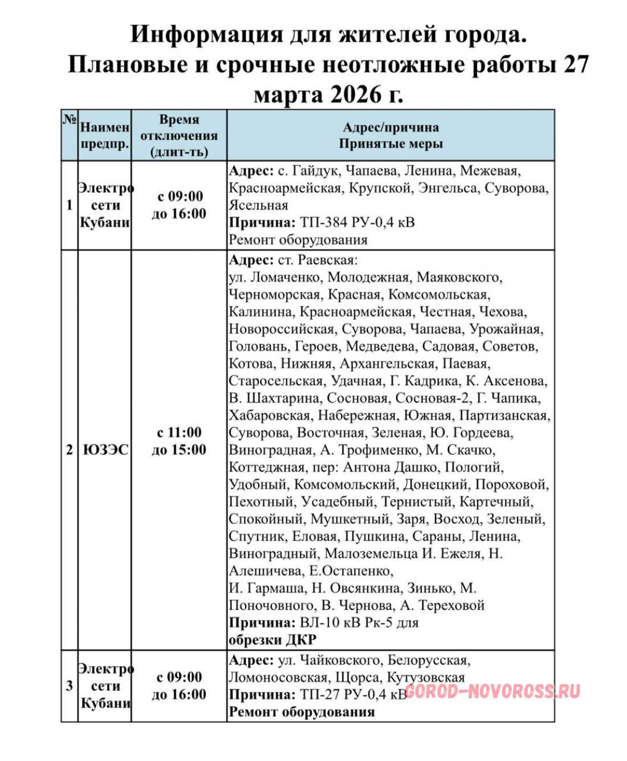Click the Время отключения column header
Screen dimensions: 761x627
179,136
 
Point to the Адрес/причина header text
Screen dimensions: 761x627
390,127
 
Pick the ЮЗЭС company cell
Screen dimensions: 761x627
105,450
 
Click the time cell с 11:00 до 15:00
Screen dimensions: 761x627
179,441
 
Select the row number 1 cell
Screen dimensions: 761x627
70,205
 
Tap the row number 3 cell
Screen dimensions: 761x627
70,686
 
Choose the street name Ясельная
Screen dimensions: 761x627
258,205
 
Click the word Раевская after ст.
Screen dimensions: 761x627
326,261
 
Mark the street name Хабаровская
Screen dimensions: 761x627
270,416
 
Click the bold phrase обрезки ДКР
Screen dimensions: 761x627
272,640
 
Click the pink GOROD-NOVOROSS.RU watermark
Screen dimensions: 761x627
492,691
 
